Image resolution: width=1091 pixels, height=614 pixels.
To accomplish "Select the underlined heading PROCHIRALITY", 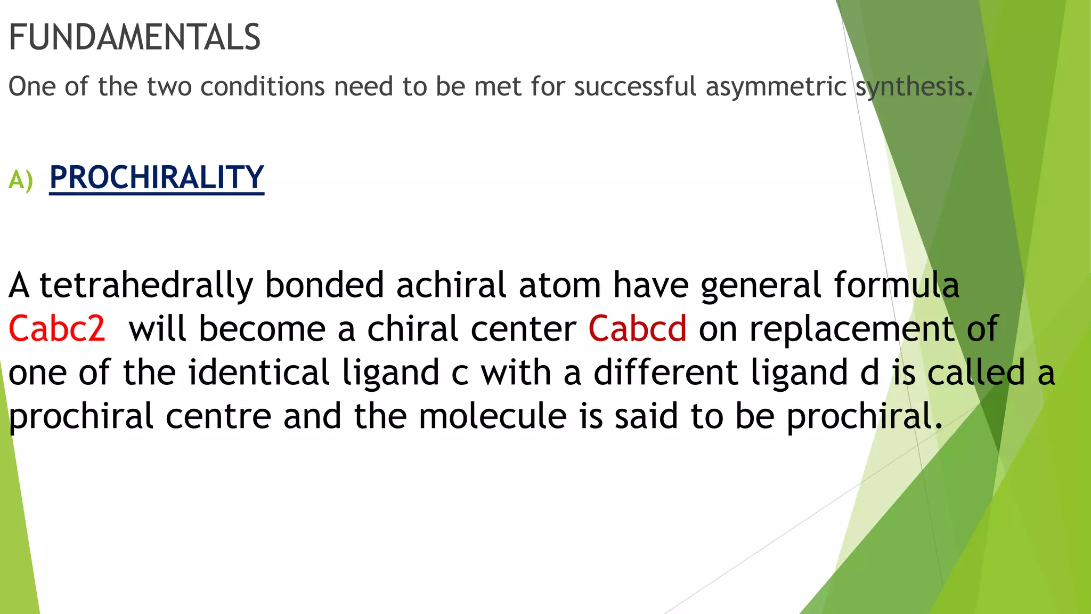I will point(157,177).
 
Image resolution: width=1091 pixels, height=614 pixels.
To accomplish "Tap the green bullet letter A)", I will point(21,180).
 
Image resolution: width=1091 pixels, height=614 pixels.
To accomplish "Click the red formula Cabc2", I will point(57,328).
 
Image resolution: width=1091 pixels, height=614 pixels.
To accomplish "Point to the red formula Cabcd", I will point(637,328).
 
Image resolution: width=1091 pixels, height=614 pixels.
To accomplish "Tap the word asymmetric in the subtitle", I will point(776,87).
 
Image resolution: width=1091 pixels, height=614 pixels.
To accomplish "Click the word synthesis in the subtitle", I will point(914,87).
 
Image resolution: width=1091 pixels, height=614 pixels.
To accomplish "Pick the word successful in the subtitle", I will point(635,87).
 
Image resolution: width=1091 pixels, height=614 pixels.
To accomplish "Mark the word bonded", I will point(324,285).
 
